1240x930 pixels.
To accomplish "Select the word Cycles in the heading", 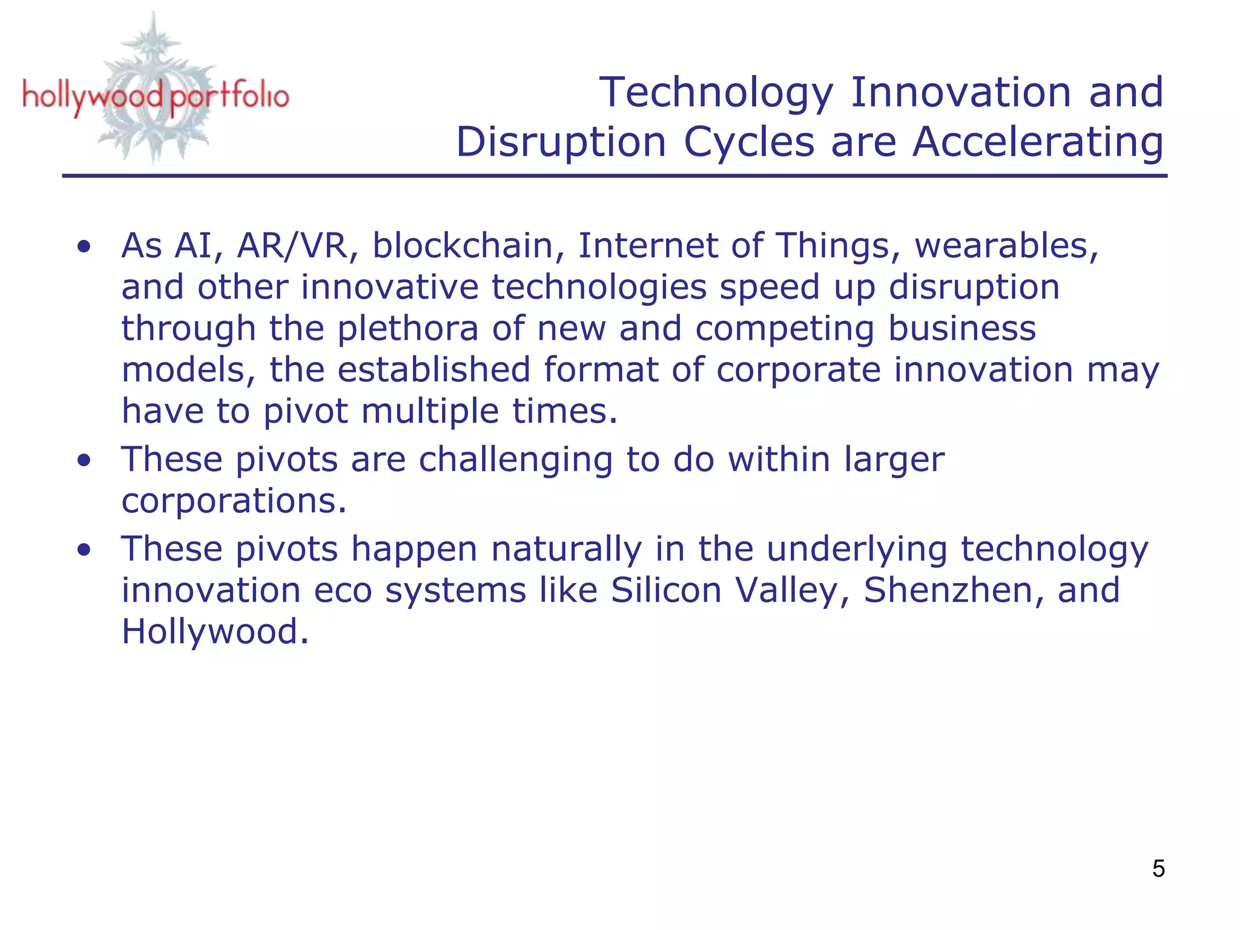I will pos(749,142).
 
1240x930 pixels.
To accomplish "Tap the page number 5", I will pos(1158,869).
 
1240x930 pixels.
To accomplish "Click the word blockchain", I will pos(463,246).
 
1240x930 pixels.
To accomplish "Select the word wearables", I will pos(1006,246).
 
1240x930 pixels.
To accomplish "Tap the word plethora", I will pos(407,329).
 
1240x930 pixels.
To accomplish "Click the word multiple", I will pos(430,411).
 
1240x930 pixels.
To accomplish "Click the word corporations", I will pos(234,501).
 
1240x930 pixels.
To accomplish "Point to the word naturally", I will pos(566,549).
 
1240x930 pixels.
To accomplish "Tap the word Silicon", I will pos(666,590).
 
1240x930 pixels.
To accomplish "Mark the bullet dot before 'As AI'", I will pos(84,246).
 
